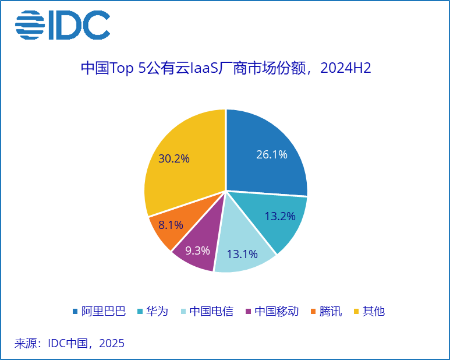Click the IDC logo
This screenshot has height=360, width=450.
point(62,25)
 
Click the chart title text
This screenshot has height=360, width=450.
point(225,69)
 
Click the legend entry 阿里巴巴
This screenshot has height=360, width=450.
point(99,311)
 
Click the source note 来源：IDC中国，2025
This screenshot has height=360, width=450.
point(69,343)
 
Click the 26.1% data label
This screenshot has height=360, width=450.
point(271,154)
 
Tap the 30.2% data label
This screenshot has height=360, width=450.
point(173,158)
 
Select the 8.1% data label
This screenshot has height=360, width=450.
point(171,225)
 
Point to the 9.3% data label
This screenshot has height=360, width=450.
point(197,250)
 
